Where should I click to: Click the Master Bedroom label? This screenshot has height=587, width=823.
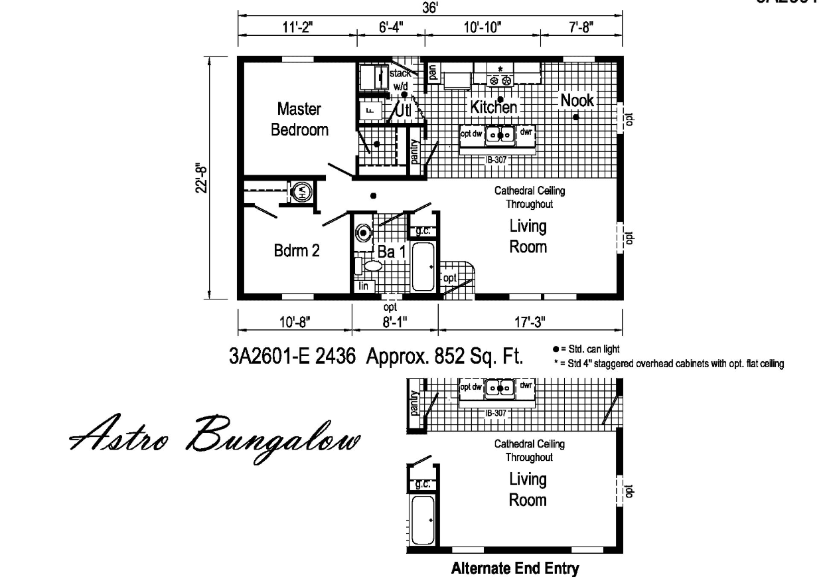[x=299, y=119]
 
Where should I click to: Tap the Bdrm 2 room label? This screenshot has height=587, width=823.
[x=297, y=250]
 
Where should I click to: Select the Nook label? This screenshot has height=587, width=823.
[x=577, y=100]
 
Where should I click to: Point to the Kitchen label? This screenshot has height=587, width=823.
[x=494, y=107]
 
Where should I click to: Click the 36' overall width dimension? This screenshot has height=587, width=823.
[x=430, y=7]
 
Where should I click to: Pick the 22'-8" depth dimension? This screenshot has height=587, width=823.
[x=206, y=177]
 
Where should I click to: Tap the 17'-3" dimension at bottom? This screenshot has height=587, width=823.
[x=529, y=322]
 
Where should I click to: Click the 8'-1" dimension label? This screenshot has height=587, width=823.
[x=395, y=322]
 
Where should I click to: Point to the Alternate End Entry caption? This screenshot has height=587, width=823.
[x=515, y=568]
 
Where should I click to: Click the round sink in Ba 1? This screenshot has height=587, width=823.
[x=363, y=233]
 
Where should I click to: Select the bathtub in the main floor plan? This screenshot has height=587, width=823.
[x=423, y=267]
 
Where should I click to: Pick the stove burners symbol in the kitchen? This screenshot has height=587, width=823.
[x=500, y=80]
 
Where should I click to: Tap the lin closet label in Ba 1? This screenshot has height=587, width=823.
[x=364, y=286]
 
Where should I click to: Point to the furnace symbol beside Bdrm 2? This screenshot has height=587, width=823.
[x=301, y=193]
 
